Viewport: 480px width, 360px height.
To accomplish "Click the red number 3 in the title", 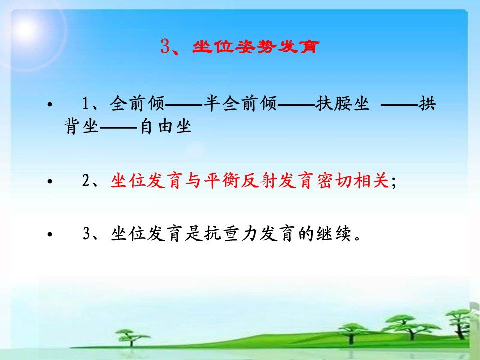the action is [x=165, y=47].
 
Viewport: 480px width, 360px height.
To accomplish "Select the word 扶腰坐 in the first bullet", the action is [x=343, y=103].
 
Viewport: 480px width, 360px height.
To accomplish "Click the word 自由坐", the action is [x=165, y=126].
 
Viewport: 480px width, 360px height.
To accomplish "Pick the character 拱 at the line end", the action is [x=427, y=103].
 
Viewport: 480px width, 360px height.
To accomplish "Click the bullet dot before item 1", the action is [x=50, y=105].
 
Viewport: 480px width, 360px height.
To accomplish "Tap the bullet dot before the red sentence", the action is [x=50, y=181].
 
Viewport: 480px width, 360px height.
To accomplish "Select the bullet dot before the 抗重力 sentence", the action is [x=50, y=235].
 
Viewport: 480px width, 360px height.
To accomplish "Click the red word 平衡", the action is [x=221, y=180].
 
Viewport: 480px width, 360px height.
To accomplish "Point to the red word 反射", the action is [x=259, y=180].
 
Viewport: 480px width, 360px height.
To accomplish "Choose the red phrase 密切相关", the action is [x=353, y=180].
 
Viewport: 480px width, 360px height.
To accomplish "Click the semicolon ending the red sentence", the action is [x=393, y=183].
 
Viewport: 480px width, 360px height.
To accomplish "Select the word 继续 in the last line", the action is [x=334, y=234].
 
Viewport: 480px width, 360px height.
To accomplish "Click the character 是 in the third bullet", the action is [x=194, y=234].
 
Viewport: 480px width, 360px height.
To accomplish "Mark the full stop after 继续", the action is [x=357, y=238].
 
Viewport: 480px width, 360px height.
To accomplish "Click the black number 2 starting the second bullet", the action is [x=86, y=180].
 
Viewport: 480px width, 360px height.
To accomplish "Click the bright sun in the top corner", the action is [x=26, y=29].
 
